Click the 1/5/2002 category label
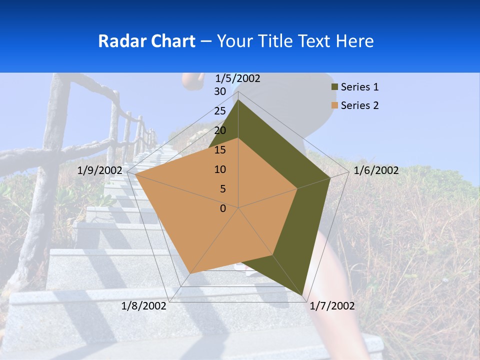point(237,78)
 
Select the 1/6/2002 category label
point(376,170)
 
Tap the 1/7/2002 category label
point(332,306)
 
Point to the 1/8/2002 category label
point(144,306)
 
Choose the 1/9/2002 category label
point(100,170)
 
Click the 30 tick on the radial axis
point(220,91)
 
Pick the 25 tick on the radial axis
point(220,111)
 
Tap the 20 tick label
point(220,130)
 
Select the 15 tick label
point(220,150)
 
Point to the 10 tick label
point(220,169)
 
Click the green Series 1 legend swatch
point(334,87)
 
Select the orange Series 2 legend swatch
point(334,105)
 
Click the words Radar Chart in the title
point(146,41)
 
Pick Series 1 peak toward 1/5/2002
point(238,100)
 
